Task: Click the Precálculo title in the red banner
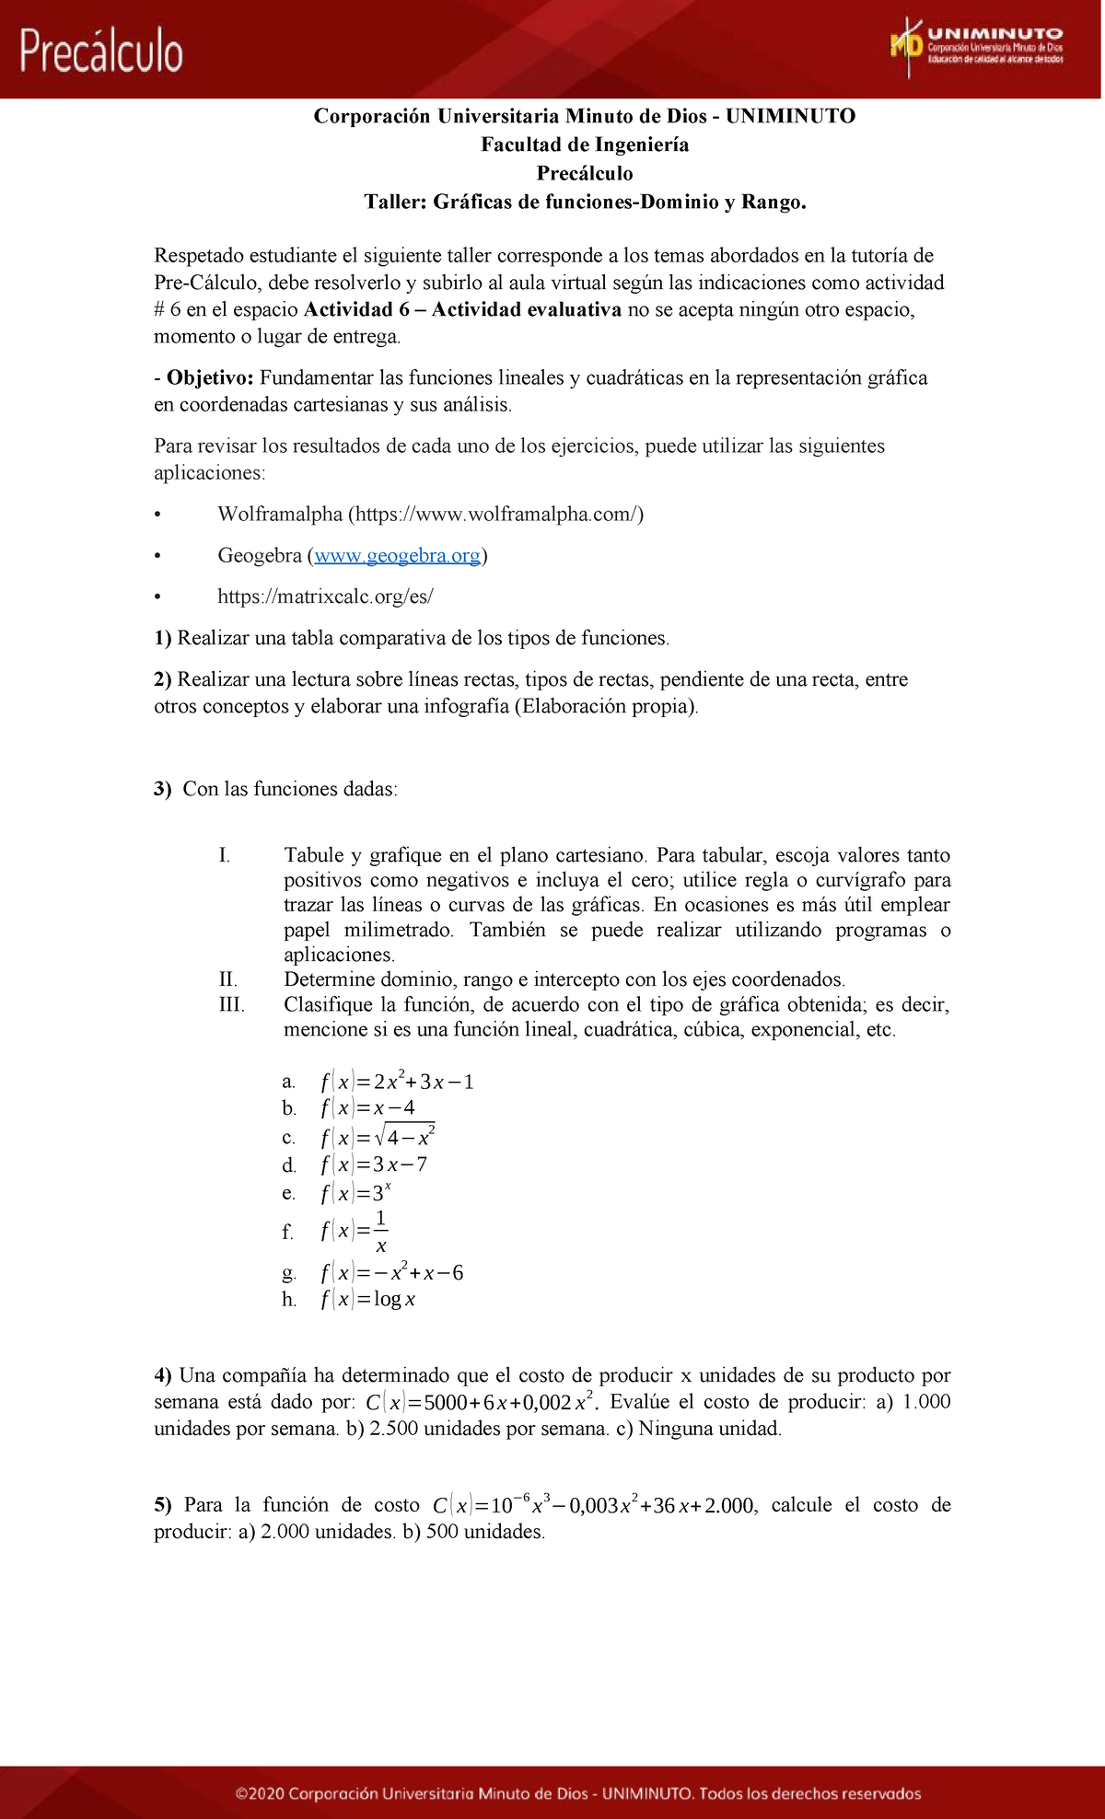point(101,52)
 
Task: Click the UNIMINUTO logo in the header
point(976,46)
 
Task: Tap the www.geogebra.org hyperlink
point(397,555)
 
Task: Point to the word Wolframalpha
point(280,514)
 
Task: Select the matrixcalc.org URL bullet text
point(325,597)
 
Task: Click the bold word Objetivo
point(209,377)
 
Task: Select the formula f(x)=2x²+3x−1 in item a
point(397,1082)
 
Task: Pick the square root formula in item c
point(378,1137)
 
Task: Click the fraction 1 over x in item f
point(380,1232)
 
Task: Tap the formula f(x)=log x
point(367,1299)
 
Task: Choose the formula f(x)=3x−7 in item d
point(374,1164)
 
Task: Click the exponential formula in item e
point(355,1193)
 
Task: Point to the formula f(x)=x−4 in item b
point(367,1108)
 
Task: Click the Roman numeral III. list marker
point(231,1004)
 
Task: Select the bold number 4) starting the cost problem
point(163,1375)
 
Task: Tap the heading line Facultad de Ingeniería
point(585,145)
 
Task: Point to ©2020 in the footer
point(258,1793)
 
